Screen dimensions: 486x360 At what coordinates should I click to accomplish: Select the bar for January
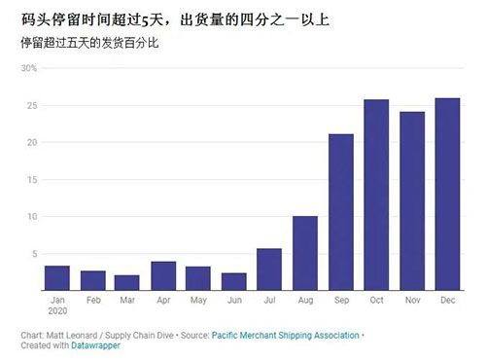(57, 278)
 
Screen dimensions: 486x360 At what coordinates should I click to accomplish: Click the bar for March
(127, 282)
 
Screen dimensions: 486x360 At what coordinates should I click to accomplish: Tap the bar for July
(269, 270)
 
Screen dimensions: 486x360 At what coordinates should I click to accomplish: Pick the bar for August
(305, 253)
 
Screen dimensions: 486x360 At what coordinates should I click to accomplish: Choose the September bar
(341, 212)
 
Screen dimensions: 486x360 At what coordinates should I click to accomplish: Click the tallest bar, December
(447, 194)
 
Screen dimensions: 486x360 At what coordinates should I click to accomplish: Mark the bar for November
(412, 201)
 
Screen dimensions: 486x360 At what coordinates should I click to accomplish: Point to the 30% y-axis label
(29, 68)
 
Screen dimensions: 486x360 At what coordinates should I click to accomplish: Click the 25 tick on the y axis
(32, 106)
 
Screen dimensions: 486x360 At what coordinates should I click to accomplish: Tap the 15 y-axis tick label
(32, 180)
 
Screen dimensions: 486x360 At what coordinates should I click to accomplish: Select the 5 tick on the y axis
(35, 254)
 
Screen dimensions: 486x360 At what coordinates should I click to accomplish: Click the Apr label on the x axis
(163, 301)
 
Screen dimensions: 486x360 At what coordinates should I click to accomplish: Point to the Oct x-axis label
(376, 301)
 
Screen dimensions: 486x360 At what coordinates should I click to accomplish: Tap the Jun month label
(234, 301)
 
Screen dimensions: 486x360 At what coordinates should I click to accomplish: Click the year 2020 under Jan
(57, 311)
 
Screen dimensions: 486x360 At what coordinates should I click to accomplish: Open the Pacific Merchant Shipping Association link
(286, 336)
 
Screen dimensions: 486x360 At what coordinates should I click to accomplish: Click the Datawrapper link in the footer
(95, 345)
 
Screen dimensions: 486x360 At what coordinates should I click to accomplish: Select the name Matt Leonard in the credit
(72, 336)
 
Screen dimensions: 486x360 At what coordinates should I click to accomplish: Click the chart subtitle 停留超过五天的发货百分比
(89, 43)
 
